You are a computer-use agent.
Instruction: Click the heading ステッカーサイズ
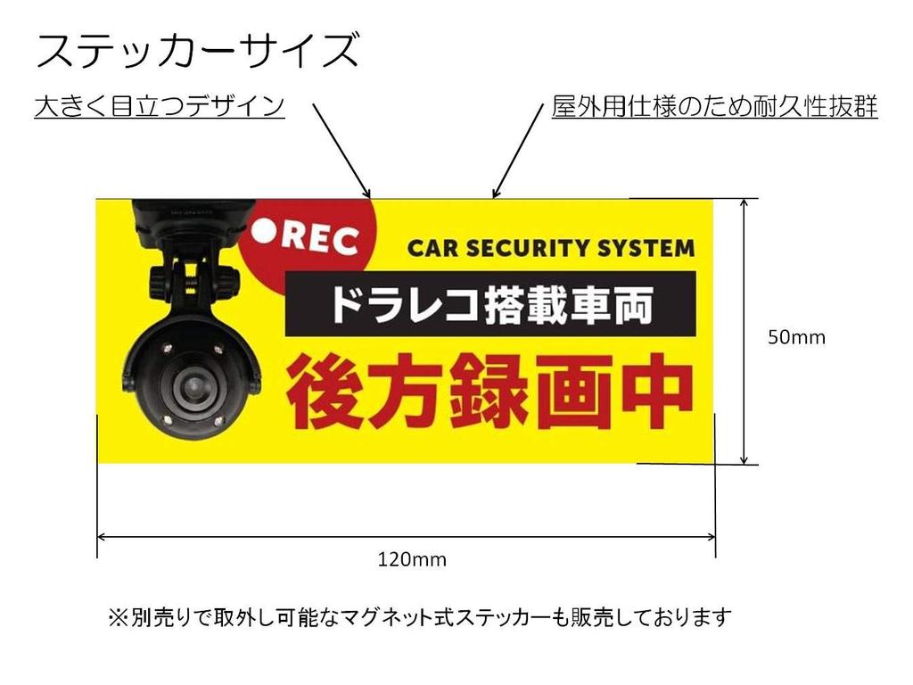[197, 51]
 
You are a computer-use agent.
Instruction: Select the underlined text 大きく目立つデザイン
[160, 107]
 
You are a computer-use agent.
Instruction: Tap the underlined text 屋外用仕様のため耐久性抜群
[715, 107]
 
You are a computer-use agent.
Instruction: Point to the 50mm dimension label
[797, 338]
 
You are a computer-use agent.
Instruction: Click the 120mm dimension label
[412, 560]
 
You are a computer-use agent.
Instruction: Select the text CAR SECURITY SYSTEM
[550, 248]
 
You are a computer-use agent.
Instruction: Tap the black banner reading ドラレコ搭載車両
[489, 304]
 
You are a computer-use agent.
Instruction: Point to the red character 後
[325, 392]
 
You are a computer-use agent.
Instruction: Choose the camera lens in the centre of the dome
[192, 386]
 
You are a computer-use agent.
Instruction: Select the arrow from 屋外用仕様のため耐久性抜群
[518, 148]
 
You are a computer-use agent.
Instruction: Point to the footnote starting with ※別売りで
[419, 616]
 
